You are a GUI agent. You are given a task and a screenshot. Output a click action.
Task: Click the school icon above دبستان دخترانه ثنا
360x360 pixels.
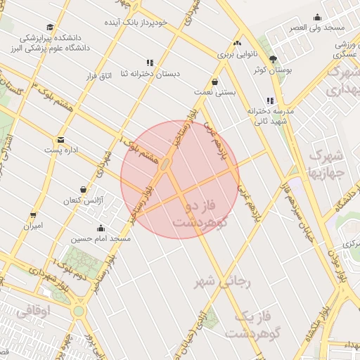pyautogui.click(x=149, y=63)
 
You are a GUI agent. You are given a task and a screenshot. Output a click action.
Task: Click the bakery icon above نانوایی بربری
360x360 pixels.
pyautogui.click(x=238, y=43)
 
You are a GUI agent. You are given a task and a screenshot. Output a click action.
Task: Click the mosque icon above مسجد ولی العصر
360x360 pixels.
pyautogui.click(x=318, y=18)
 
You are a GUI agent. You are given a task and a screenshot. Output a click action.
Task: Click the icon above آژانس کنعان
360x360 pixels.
pyautogui.click(x=84, y=190)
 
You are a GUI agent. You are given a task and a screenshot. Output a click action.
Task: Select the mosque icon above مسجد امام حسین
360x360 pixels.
pyautogui.click(x=101, y=228)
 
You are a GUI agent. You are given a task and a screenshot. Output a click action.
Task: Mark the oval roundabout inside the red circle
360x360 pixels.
pyautogui.click(x=166, y=165)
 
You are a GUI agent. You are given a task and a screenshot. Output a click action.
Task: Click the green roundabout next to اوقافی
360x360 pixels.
pyautogui.click(x=78, y=310)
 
